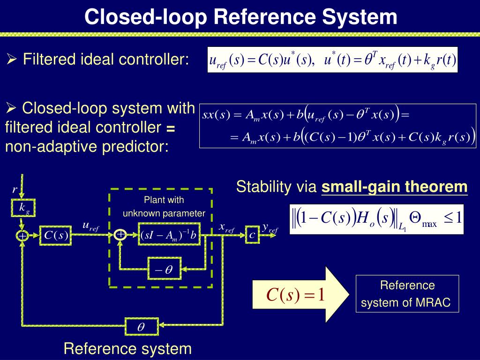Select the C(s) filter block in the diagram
coord(57,236)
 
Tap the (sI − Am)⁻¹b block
coord(170,236)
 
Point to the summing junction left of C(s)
coord(22,236)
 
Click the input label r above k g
coord(15,190)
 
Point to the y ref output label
coord(270,228)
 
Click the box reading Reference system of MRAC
coord(407,294)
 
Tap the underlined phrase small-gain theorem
coord(394,187)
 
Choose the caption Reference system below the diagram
coord(127,349)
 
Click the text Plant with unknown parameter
coord(164,207)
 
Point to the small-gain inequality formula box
coord(376,219)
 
